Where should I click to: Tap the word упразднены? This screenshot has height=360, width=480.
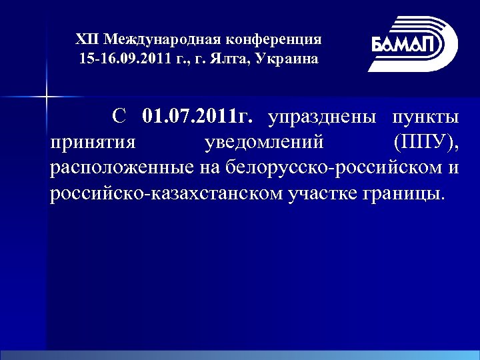tap(323, 119)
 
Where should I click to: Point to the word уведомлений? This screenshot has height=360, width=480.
tap(264, 143)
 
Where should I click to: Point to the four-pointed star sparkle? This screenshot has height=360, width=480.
tap(47, 97)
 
